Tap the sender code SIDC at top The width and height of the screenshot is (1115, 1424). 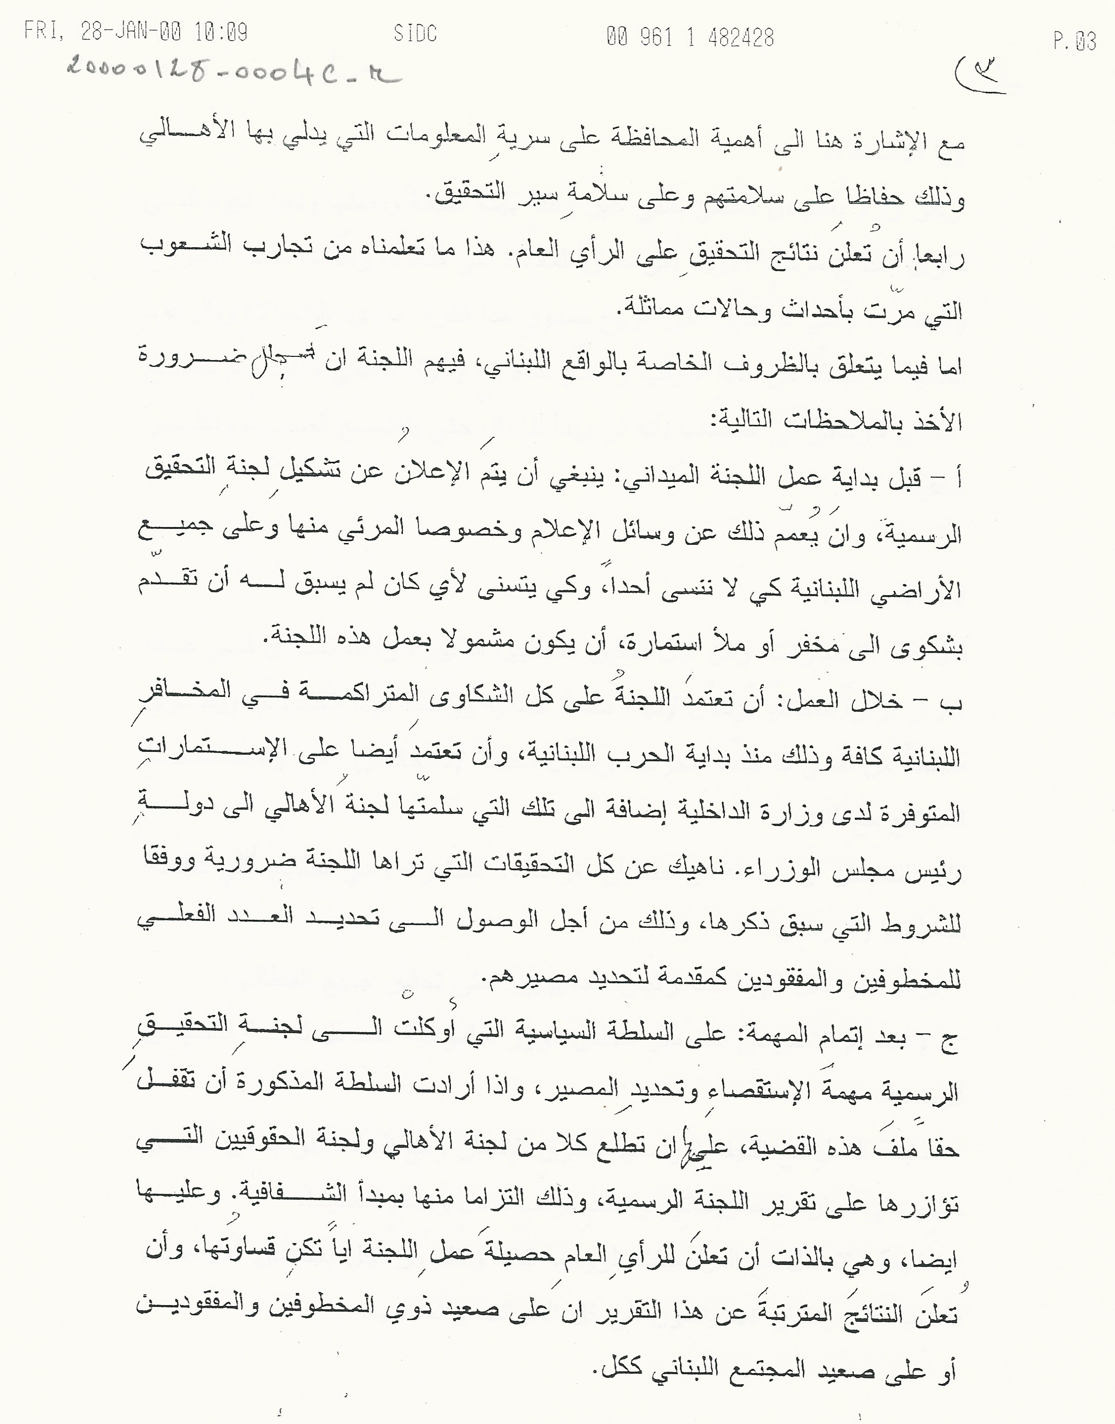[x=415, y=33]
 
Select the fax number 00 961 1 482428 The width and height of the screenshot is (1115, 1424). [x=690, y=37]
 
